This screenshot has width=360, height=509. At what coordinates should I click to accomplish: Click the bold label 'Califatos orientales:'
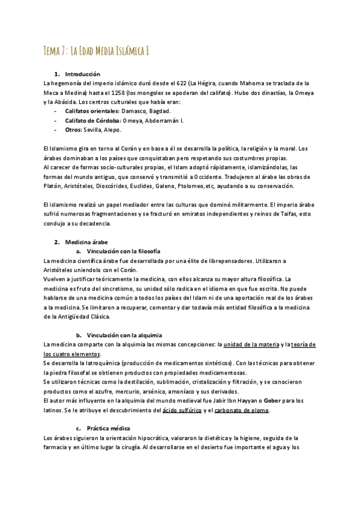coord(92,111)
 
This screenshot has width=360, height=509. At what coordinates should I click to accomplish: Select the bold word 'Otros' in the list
coord(73,129)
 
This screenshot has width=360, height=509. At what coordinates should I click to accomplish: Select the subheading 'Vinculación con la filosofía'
coord(124,251)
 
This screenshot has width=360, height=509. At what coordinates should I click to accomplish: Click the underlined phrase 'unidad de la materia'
coord(252,345)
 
